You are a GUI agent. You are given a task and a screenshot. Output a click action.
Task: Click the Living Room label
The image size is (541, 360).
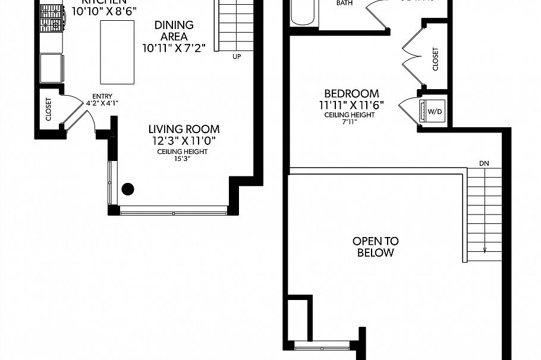coord(184,129)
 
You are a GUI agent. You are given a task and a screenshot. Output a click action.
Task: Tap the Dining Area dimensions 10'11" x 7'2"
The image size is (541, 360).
coord(174,48)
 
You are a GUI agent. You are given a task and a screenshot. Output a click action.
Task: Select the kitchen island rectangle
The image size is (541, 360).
coord(117,52)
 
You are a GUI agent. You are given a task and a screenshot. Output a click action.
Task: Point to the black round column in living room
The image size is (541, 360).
coord(128,190)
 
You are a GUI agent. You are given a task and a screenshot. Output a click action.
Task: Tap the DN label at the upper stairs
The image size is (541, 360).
coord(484,163)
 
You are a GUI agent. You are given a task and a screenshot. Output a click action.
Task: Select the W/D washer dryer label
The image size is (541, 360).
coord(435,111)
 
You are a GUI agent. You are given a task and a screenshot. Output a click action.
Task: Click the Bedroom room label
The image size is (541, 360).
coord(351,94)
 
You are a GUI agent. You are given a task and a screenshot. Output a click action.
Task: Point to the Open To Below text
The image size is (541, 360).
coord(376,247)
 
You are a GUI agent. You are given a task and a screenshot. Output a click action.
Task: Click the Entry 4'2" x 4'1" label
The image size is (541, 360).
coord(102,99)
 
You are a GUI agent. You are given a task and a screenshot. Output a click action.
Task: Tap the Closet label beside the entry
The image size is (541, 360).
coord(49,109)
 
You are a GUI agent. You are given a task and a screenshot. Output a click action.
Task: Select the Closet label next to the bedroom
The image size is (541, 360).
coord(435,59)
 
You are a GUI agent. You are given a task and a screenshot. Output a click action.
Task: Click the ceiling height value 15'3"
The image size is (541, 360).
coord(182,159)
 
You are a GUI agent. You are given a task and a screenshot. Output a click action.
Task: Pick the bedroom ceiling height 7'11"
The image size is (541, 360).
coord(350,122)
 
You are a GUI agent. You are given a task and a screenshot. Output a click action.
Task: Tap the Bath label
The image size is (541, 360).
coord(344,4)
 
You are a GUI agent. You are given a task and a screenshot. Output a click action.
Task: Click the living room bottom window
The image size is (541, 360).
coord(174,210)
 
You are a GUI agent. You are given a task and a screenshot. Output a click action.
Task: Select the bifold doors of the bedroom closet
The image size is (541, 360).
coord(412,56)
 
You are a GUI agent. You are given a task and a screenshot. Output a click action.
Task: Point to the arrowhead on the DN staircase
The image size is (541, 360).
coord(485,250)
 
